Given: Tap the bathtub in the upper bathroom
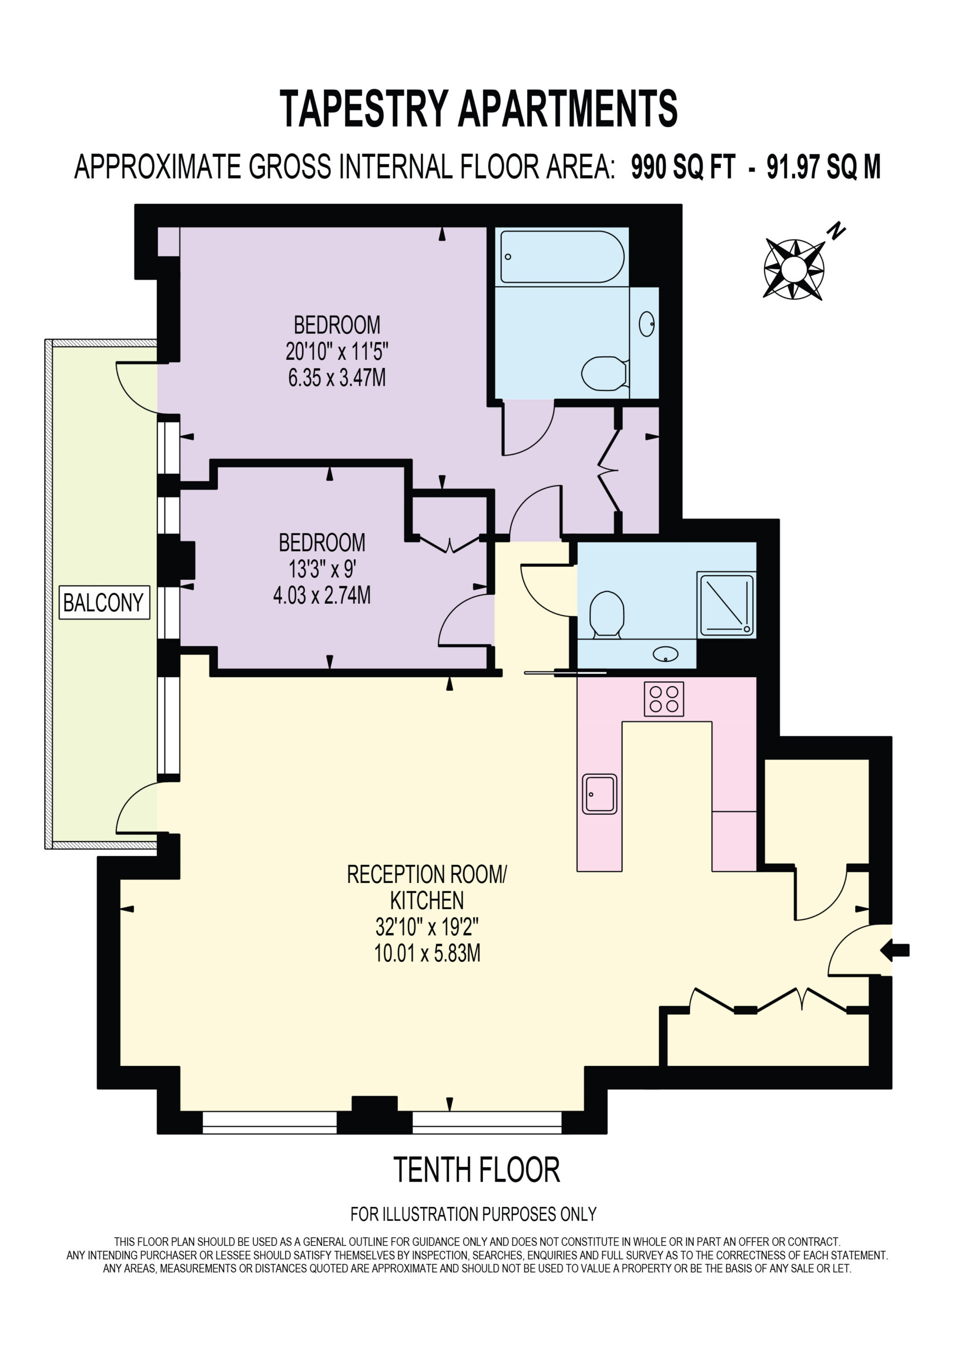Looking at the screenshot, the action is (x=562, y=256).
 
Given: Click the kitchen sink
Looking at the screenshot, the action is (x=599, y=794).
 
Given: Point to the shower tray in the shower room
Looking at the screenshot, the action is (x=726, y=604).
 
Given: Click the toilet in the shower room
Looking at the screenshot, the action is (x=606, y=614).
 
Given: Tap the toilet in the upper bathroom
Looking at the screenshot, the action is (x=605, y=373).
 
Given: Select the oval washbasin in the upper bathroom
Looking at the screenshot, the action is (x=647, y=324).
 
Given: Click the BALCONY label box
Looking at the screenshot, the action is (x=104, y=602).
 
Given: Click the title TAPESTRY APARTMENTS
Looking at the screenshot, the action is (x=478, y=108).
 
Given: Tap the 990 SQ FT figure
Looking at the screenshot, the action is (x=683, y=167).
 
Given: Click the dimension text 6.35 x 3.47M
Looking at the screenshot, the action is (x=337, y=377).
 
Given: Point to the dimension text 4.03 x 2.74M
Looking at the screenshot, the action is (x=322, y=595).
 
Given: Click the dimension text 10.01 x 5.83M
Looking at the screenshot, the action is (x=427, y=953).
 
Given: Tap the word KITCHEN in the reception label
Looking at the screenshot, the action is (x=427, y=900).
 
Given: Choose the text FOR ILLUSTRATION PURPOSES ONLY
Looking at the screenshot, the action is (x=474, y=1214).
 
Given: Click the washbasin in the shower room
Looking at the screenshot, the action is (x=665, y=654).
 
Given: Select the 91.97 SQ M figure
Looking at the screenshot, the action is (x=824, y=167).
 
